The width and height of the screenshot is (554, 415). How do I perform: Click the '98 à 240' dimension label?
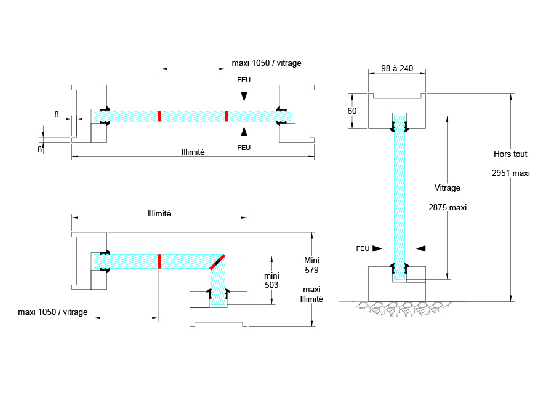(396, 68)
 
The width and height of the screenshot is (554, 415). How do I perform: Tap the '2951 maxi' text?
(512, 173)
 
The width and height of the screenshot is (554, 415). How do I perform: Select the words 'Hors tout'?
(510, 154)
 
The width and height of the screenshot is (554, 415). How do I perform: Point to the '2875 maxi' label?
(448, 207)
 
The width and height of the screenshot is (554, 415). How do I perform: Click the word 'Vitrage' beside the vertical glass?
(447, 188)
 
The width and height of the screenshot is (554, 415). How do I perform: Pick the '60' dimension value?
(352, 111)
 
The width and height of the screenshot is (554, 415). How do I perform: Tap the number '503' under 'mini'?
(271, 285)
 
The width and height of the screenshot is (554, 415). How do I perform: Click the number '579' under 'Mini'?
(311, 270)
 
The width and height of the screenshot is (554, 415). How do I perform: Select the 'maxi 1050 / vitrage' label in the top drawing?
(267, 63)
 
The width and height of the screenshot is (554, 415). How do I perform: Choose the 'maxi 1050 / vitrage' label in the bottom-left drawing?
(53, 312)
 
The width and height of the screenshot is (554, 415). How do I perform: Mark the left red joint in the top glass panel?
(159, 116)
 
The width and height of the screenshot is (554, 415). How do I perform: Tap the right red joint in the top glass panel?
(227, 116)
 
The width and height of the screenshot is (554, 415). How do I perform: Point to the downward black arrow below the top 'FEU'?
(244, 97)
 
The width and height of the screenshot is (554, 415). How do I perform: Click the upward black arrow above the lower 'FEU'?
(244, 130)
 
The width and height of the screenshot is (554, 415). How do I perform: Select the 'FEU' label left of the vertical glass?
(363, 248)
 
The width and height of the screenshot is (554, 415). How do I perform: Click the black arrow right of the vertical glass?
(420, 248)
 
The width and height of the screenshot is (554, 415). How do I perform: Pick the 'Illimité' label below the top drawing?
(193, 152)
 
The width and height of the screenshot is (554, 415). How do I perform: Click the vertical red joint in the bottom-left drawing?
(159, 261)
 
